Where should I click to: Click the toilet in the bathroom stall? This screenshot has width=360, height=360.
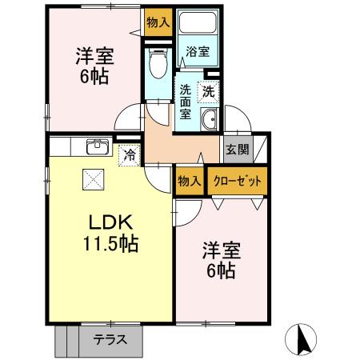pos(158,63)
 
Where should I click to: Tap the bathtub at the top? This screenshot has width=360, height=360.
pos(198,22)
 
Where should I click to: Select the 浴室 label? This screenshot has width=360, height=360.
pos(198,51)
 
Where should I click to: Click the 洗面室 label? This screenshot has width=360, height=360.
pos(185,102)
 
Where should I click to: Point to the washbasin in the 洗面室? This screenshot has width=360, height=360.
pos(210,119)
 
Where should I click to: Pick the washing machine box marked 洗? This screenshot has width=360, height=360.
pos(208,92)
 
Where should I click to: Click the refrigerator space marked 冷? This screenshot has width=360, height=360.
pos(130,155)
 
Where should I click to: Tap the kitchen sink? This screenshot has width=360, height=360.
pos(98,146)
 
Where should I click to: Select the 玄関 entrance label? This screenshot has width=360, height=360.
pos(238,150)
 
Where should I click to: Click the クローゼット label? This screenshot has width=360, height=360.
pos(238,182)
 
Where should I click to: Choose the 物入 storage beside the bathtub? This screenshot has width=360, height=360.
pos(158,22)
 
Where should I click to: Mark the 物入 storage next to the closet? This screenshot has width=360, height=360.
pos(190,181)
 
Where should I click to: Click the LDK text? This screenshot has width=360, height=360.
pos(110,222)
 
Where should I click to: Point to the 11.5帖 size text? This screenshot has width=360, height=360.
pos(110,244)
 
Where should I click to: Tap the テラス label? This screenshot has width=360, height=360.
pos(110,340)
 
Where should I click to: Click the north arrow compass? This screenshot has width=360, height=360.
pos(301,339)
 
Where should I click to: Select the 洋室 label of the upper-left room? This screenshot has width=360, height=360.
pos(95,56)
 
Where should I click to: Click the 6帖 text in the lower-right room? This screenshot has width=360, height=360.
pos(221,270)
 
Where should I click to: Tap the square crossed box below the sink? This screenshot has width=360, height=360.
pos(93,179)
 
